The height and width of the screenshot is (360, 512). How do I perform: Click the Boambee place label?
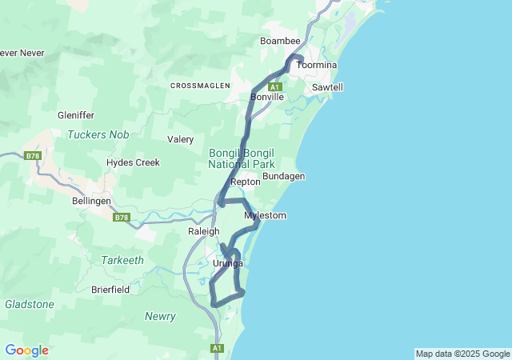(279, 41)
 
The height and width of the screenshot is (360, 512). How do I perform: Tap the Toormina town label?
(317, 65)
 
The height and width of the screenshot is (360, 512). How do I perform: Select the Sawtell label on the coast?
(327, 86)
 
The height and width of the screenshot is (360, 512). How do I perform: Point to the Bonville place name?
(267, 97)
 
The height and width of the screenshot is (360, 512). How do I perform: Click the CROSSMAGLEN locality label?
(200, 85)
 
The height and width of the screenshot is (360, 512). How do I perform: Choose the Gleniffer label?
(77, 115)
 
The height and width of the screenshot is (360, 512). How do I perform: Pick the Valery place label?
(180, 139)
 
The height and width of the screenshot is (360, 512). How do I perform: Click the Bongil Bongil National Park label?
(241, 158)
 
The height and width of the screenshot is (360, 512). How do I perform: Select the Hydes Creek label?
(134, 162)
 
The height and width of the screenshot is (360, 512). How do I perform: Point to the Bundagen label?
(284, 176)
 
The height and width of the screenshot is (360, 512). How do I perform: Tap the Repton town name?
(246, 182)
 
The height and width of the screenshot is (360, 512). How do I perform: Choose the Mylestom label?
(265, 216)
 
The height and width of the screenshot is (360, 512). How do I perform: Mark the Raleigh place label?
(203, 231)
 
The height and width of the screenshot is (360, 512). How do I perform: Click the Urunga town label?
(228, 264)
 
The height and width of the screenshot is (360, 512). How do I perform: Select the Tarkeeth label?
(122, 260)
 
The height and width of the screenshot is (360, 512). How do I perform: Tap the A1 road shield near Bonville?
(274, 86)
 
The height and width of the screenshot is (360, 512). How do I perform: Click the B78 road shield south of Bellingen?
(121, 217)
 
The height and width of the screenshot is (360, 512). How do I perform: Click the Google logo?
(26, 350)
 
